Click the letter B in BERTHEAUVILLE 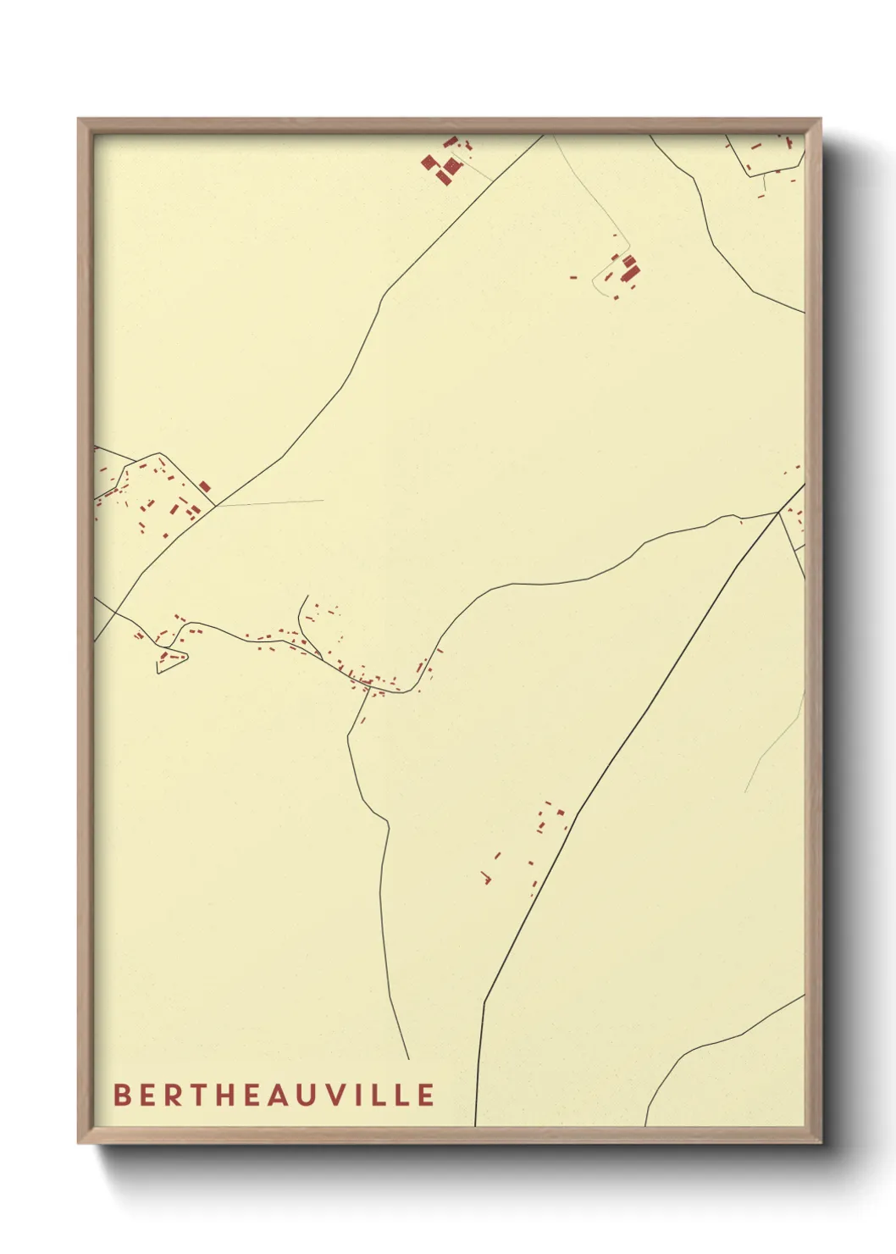[x=121, y=1095]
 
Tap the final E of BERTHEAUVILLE [x=426, y=1095]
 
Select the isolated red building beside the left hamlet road [x=204, y=486]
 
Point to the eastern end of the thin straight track [x=324, y=500]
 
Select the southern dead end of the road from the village [x=408, y=1059]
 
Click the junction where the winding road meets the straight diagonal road [x=778, y=512]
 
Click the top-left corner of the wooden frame [x=79, y=119]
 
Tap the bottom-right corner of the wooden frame [x=821, y=1143]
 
